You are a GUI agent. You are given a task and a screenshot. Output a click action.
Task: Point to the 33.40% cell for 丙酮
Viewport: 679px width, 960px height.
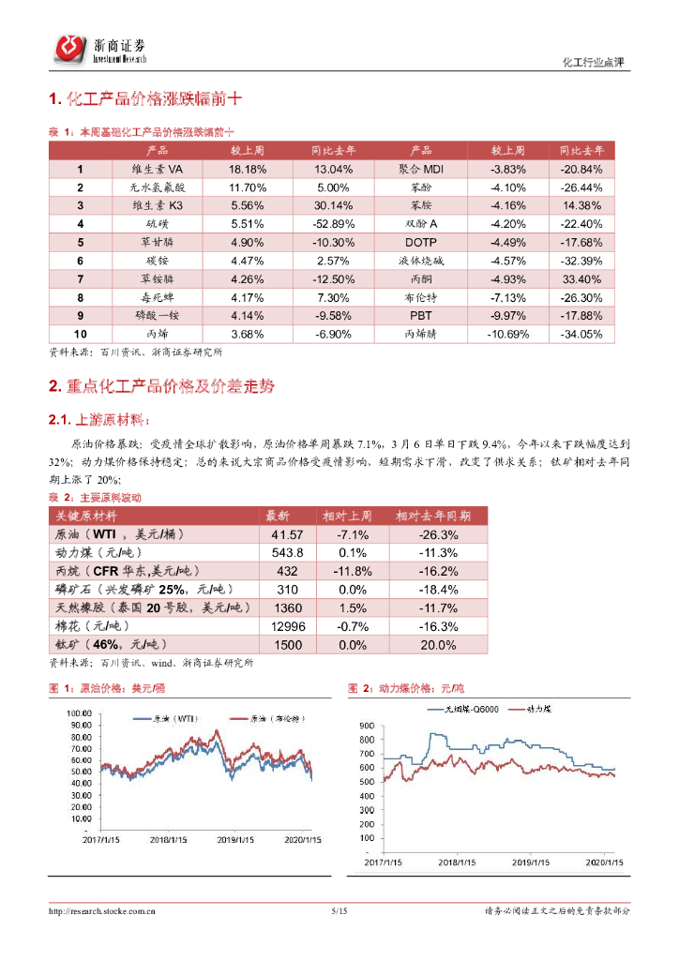[x=584, y=278]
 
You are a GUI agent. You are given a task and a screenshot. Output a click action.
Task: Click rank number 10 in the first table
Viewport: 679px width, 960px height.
[x=81, y=333]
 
